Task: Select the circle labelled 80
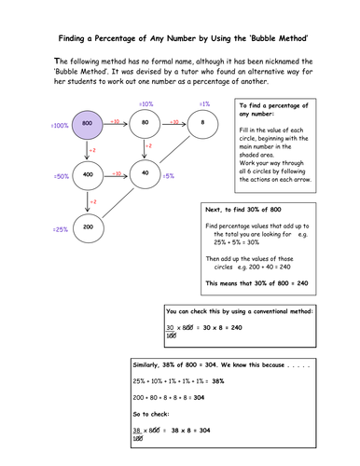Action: (x=145, y=123)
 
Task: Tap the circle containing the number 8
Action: (x=201, y=123)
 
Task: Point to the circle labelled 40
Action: (x=145, y=174)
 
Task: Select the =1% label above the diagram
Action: (x=203, y=103)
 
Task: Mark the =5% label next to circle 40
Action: (x=169, y=175)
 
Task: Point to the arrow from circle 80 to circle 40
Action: (x=145, y=149)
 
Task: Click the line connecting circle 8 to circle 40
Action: (x=173, y=148)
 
